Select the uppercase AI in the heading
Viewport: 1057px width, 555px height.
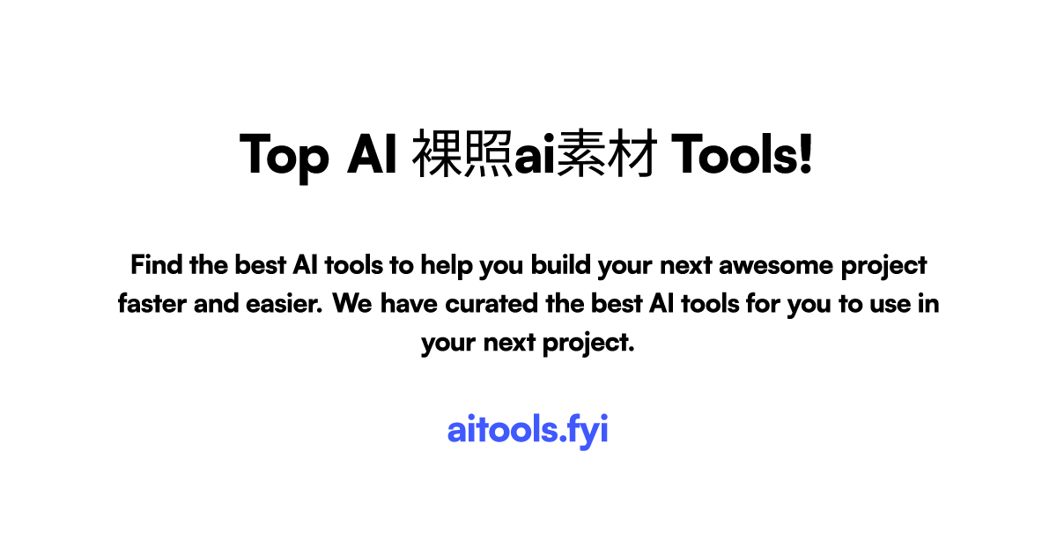(x=370, y=155)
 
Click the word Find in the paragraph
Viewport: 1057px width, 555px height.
(x=155, y=264)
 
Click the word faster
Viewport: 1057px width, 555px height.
(x=151, y=304)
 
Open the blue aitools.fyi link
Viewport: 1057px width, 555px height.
(x=528, y=431)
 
